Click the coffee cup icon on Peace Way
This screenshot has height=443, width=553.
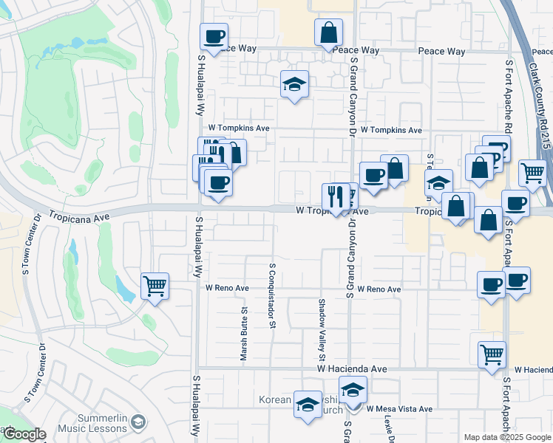(214, 36)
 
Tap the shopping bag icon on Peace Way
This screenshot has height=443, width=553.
(328, 33)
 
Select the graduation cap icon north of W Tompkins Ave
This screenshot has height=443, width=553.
(294, 85)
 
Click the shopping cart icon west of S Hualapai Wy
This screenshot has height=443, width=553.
(155, 286)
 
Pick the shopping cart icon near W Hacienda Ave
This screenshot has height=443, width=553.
(492, 354)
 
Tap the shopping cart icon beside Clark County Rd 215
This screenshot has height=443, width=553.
(532, 174)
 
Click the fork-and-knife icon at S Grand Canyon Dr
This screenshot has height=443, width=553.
(336, 197)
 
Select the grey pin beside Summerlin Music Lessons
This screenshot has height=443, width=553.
(137, 422)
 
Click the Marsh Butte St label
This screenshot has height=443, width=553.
(243, 334)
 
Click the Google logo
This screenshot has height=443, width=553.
(24, 434)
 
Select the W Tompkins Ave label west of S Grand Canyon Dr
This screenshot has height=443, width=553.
(238, 128)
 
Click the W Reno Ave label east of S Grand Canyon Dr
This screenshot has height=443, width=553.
(379, 289)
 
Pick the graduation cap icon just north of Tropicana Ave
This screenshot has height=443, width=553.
(438, 182)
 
